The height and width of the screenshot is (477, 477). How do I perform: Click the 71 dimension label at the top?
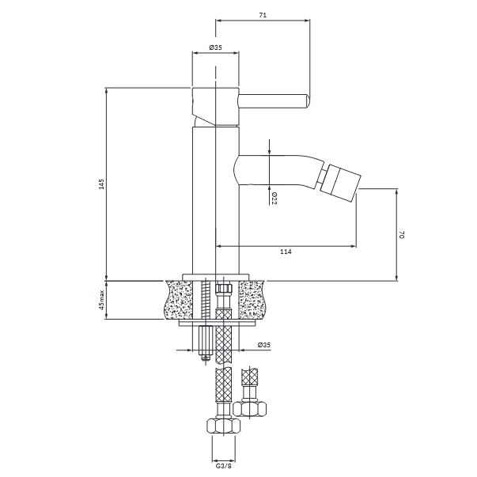[263, 15]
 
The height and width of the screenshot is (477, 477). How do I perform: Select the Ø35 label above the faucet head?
[215, 47]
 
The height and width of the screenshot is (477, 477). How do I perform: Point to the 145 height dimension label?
[101, 184]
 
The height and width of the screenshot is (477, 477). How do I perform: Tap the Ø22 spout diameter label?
[274, 198]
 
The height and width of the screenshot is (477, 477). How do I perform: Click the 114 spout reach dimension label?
[286, 252]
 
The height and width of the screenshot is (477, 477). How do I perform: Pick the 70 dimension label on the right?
[402, 235]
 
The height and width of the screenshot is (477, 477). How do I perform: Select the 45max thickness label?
[101, 300]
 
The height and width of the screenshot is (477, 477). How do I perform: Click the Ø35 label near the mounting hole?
[263, 345]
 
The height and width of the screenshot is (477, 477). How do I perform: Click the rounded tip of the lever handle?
[307, 101]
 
